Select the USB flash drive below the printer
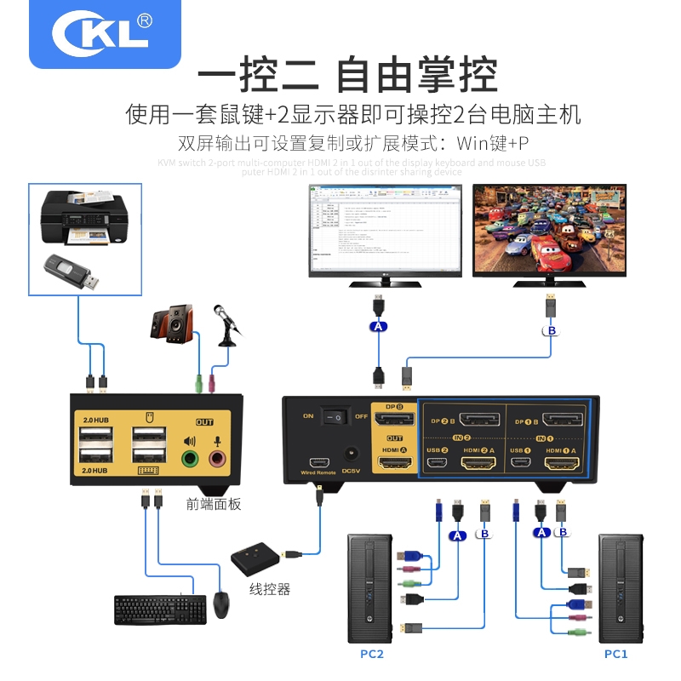(72, 272)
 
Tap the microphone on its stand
(229, 327)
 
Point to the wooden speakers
(172, 324)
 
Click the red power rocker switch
(340, 417)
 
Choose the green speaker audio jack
(191, 459)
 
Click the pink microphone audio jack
(219, 459)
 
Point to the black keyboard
(160, 609)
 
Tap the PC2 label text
(372, 655)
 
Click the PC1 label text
(615, 654)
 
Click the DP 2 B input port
(479, 419)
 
